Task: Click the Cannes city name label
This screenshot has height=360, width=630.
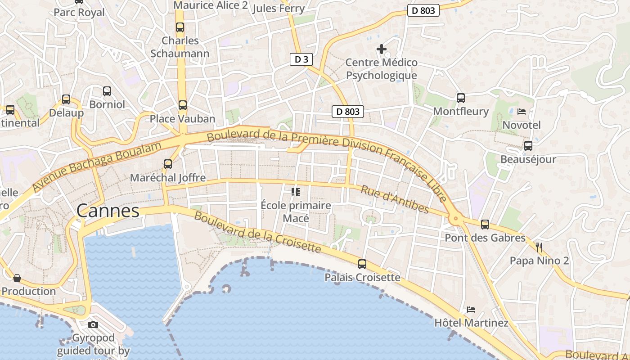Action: click(x=108, y=211)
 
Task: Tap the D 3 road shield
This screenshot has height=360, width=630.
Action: click(x=301, y=59)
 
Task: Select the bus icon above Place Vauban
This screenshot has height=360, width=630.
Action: click(x=182, y=105)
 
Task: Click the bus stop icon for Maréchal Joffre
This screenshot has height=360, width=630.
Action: click(x=168, y=164)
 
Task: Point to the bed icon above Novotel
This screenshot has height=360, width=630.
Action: click(x=522, y=111)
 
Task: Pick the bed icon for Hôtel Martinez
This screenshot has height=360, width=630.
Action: click(x=471, y=309)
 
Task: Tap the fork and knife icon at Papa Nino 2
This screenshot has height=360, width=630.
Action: click(x=539, y=247)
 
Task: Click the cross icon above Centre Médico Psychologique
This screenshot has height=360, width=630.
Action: click(x=382, y=49)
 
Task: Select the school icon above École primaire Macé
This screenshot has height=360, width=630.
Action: click(x=296, y=192)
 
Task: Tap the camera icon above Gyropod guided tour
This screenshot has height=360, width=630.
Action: click(x=93, y=324)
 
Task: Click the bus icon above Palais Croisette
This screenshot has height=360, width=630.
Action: click(x=362, y=264)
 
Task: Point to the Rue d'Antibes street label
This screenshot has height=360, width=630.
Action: click(x=395, y=199)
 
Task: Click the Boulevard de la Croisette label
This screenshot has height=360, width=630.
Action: click(x=257, y=232)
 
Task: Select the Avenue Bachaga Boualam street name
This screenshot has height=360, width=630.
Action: click(x=97, y=166)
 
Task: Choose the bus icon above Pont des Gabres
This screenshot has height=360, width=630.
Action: click(x=485, y=224)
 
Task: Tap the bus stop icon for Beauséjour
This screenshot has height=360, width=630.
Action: click(x=528, y=146)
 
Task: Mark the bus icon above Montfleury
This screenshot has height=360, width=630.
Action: click(x=461, y=98)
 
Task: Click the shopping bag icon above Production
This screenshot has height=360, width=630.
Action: click(x=17, y=278)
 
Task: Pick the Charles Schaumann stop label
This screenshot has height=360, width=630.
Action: click(x=180, y=47)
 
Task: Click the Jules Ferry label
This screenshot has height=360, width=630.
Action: click(x=279, y=8)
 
